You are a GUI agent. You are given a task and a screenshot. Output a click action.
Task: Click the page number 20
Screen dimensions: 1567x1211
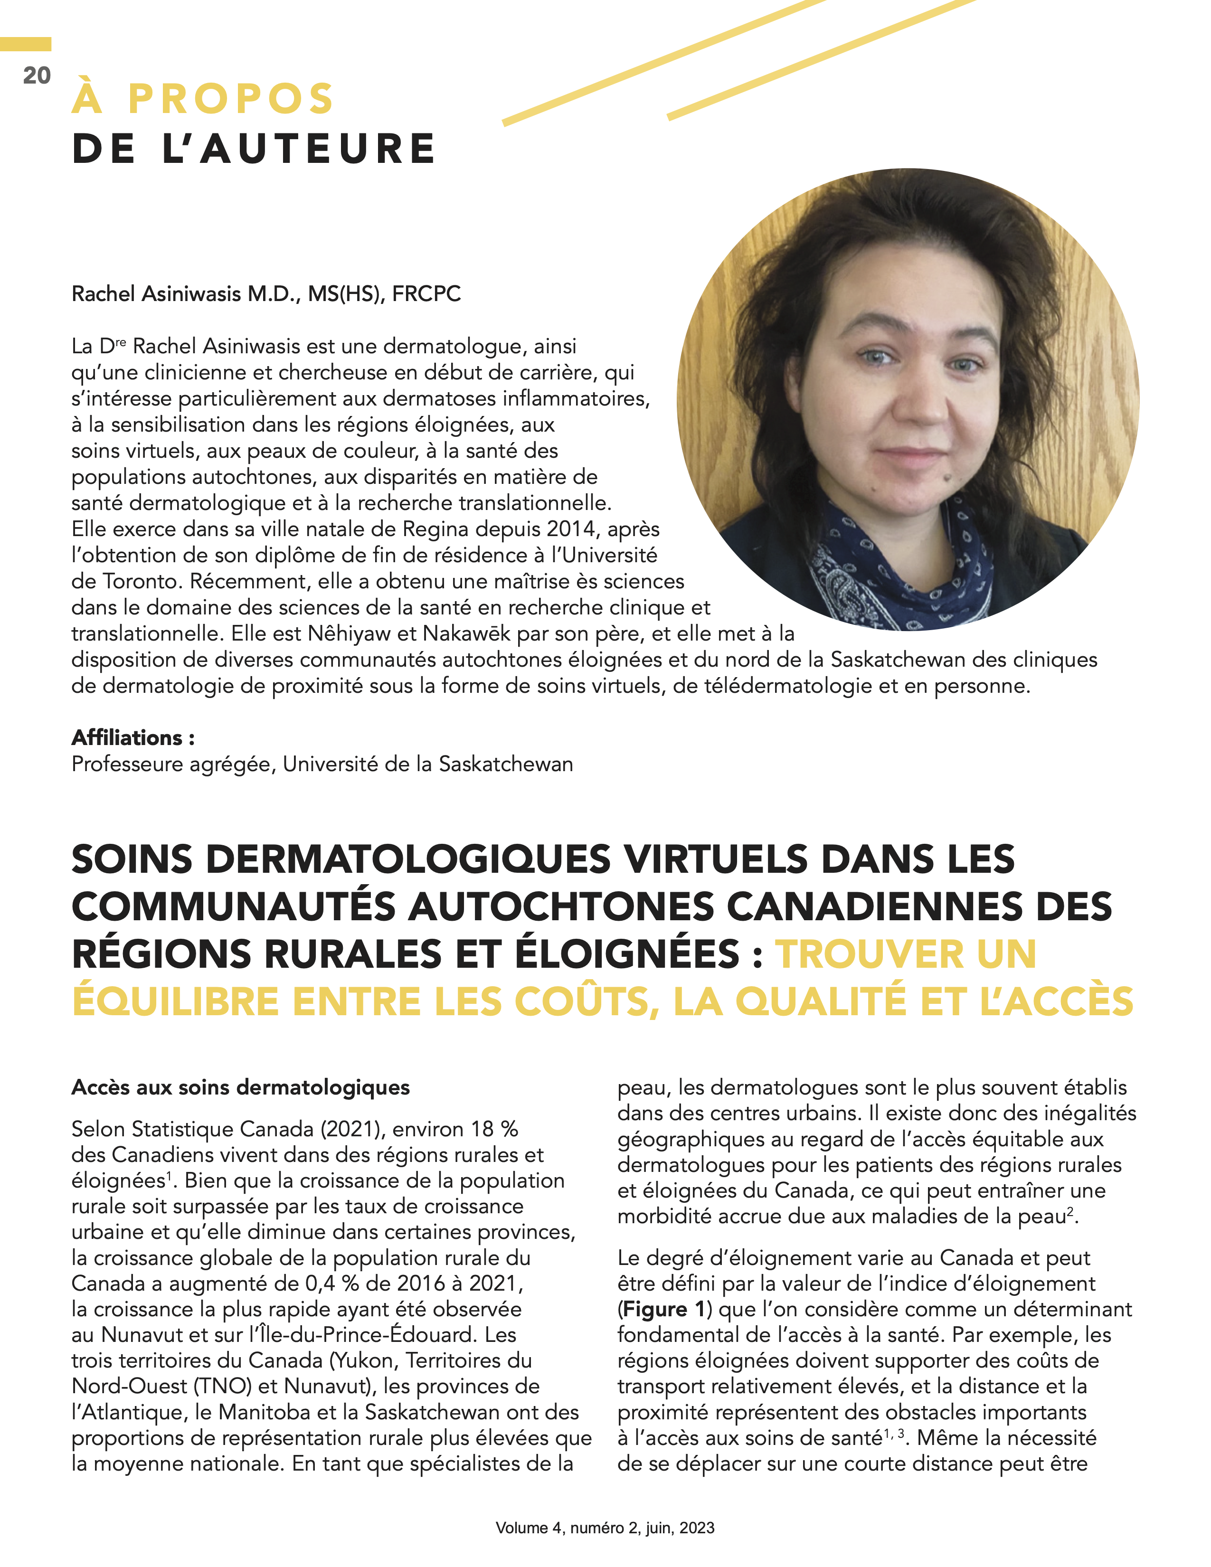pos(37,76)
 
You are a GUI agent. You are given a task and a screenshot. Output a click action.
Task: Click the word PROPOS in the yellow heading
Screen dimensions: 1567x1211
pos(230,99)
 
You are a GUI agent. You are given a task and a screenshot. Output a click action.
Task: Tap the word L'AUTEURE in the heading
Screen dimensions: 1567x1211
pos(299,149)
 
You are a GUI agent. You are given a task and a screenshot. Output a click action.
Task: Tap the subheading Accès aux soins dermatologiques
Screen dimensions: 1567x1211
pos(240,1088)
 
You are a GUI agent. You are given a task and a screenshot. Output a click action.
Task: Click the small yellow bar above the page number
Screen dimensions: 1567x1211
pos(26,45)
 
